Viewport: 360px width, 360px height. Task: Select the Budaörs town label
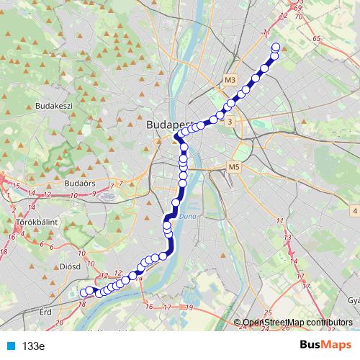click(80, 184)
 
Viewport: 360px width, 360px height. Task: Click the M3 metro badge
click(230, 80)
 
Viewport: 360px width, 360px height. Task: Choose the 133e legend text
click(34, 346)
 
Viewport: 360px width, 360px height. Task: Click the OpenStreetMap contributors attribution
click(297, 322)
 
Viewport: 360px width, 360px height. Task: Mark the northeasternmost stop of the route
click(276, 48)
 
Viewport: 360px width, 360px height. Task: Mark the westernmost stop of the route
click(84, 292)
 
